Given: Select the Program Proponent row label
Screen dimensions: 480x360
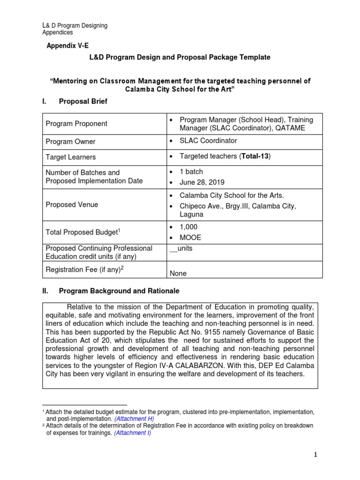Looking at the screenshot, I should coord(76,124).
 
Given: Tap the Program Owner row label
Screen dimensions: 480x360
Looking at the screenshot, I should coord(70,142).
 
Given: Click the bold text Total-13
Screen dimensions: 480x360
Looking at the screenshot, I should coord(255,156).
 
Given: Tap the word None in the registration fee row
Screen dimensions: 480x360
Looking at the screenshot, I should coord(178,273).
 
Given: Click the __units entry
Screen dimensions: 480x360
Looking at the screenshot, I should coord(180,248).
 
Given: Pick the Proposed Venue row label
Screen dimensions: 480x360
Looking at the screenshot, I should coord(72,205).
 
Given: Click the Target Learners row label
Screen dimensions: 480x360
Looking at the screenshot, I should coord(71,157).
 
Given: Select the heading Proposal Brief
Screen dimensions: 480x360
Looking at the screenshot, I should coord(83,101).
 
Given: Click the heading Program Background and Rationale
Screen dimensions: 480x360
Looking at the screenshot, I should coord(119,291).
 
